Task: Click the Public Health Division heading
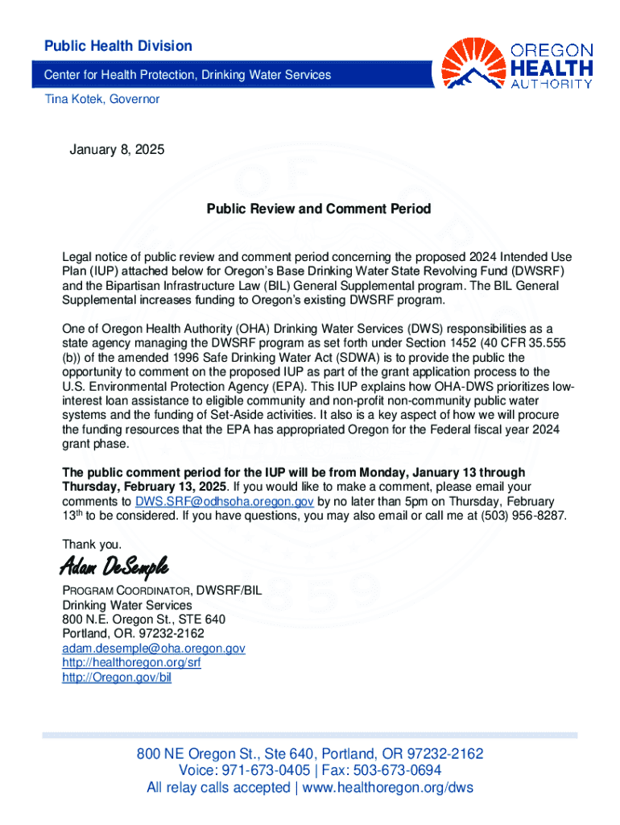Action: [118, 46]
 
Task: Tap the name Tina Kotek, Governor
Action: [101, 99]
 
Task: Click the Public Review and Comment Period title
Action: [319, 209]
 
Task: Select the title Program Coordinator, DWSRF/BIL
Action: [162, 591]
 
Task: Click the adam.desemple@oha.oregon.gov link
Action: [154, 649]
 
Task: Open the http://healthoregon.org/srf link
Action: [131, 663]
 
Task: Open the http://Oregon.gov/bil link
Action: [117, 678]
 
